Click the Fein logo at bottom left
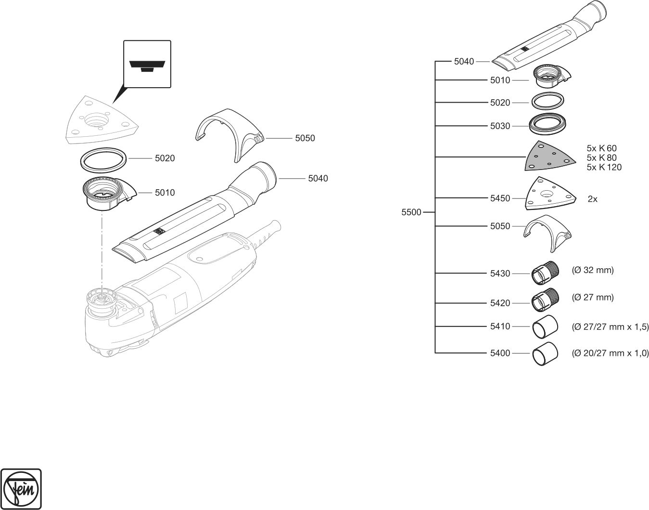click(x=22, y=488)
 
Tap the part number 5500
click(x=411, y=212)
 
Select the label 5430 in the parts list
click(x=500, y=274)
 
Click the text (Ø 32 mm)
click(x=593, y=270)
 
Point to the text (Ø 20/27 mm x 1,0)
click(x=610, y=353)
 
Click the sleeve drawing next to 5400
click(x=544, y=354)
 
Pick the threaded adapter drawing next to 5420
click(x=544, y=300)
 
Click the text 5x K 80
click(x=601, y=157)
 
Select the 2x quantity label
click(x=592, y=199)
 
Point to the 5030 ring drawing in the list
click(x=547, y=125)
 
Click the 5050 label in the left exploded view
click(x=305, y=138)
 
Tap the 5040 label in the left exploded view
click(x=318, y=179)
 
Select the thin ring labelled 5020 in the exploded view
click(x=103, y=159)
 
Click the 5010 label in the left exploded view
click(x=165, y=193)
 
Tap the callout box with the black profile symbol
click(x=147, y=64)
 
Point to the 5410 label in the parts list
click(x=500, y=327)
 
